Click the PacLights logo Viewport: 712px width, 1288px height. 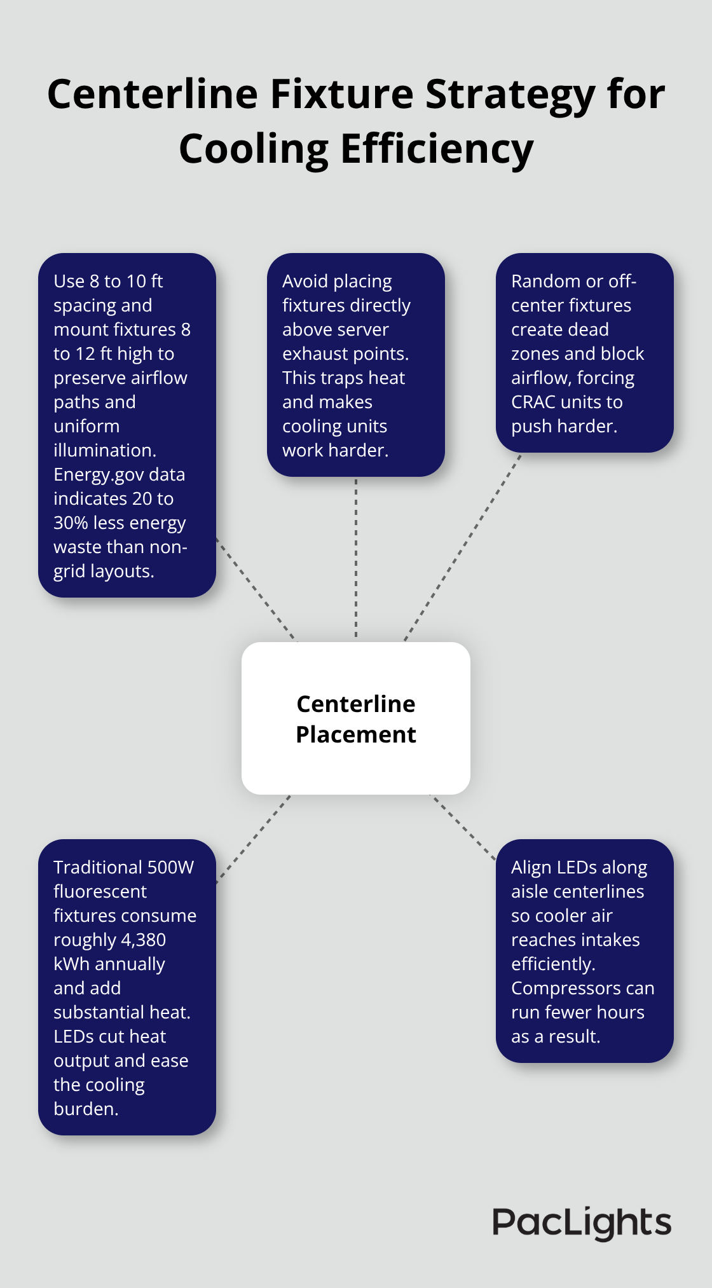click(x=582, y=1223)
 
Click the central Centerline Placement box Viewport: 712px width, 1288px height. click(x=356, y=718)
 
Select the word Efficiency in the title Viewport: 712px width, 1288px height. click(x=437, y=149)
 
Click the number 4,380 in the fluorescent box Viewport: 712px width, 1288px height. click(x=143, y=940)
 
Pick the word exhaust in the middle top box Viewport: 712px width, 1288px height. click(x=310, y=353)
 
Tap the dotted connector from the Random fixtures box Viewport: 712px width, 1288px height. click(x=463, y=547)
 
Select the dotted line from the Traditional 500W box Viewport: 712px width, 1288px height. click(x=254, y=839)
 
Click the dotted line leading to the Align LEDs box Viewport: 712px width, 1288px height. click(x=464, y=827)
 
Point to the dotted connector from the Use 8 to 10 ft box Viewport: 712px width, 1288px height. click(x=256, y=589)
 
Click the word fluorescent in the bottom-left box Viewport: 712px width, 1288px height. click(x=100, y=891)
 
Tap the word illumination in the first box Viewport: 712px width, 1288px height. click(x=105, y=450)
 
